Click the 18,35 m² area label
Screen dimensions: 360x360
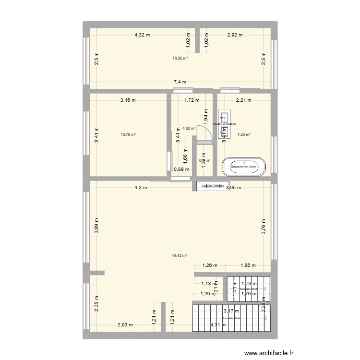[180, 58]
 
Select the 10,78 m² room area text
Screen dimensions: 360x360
[128, 135]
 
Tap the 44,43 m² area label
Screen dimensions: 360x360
[179, 256]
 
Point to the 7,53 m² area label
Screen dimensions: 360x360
[244, 135]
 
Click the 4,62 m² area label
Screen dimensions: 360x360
[189, 128]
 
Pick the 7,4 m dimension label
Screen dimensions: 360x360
[180, 83]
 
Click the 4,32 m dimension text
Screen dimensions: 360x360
[142, 35]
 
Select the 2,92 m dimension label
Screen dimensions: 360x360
[235, 35]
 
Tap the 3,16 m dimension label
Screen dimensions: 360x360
[128, 100]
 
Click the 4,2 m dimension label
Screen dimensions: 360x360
[141, 188]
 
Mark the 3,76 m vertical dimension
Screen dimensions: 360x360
[264, 226]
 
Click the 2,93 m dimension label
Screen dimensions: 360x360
[125, 325]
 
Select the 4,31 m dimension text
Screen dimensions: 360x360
[217, 325]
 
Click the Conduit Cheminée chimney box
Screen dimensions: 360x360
[210, 186]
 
